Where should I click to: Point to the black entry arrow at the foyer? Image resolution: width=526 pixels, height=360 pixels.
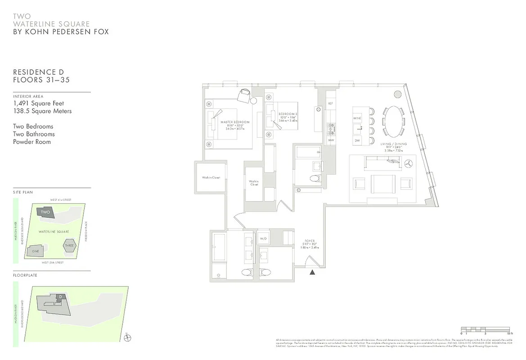point(313,271)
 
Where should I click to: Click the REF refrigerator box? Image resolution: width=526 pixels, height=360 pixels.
point(330,103)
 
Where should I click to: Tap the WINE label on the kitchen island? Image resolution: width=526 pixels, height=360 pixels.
point(357,118)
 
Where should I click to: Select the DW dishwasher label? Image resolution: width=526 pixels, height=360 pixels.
point(358,141)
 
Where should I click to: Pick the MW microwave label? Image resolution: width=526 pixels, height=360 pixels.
point(330,140)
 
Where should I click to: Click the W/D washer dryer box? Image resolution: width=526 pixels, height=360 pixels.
point(264,238)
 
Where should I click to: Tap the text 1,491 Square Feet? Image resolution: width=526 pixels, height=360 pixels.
point(39,103)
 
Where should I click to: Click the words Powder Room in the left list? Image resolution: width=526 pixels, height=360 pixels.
point(32,142)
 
